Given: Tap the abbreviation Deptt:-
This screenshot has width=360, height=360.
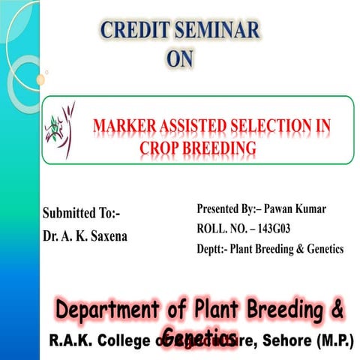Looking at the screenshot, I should click(x=212, y=249).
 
